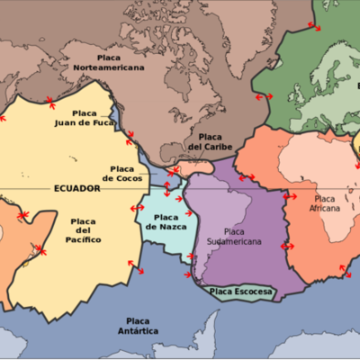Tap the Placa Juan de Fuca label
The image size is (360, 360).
[x=85, y=119]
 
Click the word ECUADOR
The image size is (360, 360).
[x=76, y=188]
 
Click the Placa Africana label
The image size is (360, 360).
[x=327, y=203]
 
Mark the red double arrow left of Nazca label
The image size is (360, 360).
[x=138, y=208]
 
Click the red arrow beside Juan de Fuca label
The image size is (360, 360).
[x=131, y=136]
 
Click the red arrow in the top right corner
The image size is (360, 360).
[x=312, y=26]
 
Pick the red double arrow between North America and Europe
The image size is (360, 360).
[x=264, y=96]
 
